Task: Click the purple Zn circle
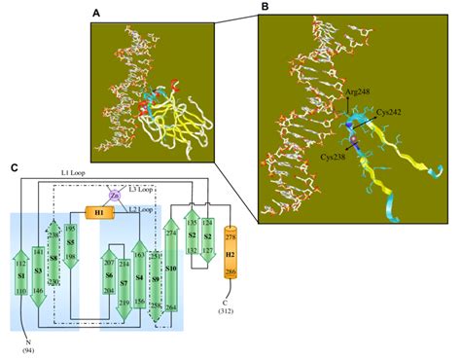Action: tap(113, 195)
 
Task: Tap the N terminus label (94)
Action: tap(17, 342)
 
